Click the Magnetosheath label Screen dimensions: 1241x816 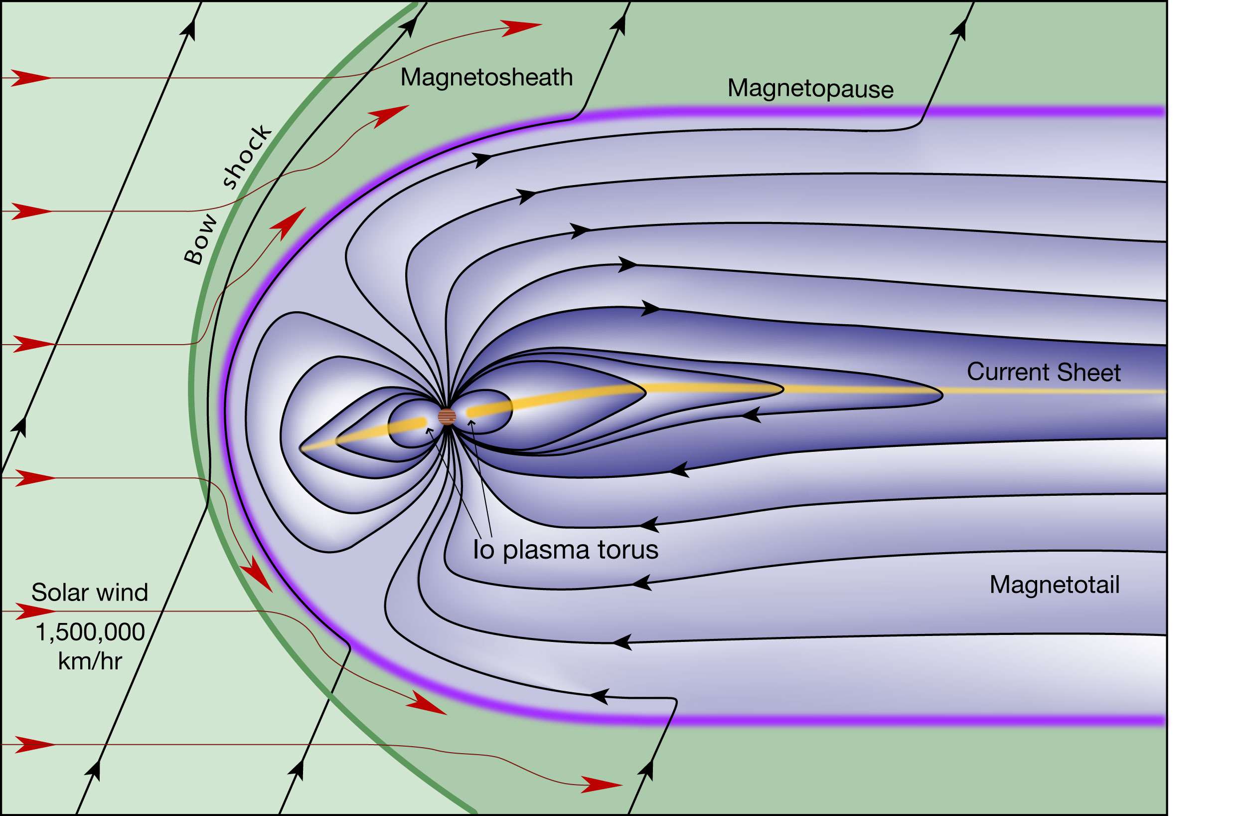(x=486, y=78)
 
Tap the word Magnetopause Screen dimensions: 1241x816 (x=810, y=89)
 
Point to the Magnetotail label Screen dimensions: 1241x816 (x=1054, y=585)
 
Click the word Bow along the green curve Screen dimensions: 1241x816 (x=201, y=238)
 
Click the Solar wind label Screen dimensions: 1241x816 (x=90, y=592)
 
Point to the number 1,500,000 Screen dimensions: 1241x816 (x=90, y=632)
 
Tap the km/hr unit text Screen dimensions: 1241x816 (x=90, y=661)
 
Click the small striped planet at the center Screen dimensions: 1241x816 (x=447, y=416)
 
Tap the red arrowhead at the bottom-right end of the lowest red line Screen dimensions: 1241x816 (x=602, y=784)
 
